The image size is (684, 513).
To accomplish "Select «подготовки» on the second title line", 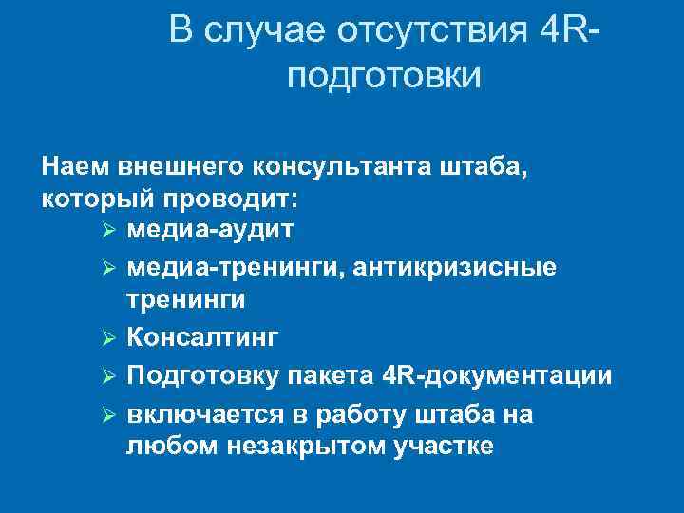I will [384, 76].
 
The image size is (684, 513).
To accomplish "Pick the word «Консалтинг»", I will [201, 338].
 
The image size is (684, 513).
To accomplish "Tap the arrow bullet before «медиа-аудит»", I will [107, 232].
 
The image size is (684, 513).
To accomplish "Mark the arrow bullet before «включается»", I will [107, 414].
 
